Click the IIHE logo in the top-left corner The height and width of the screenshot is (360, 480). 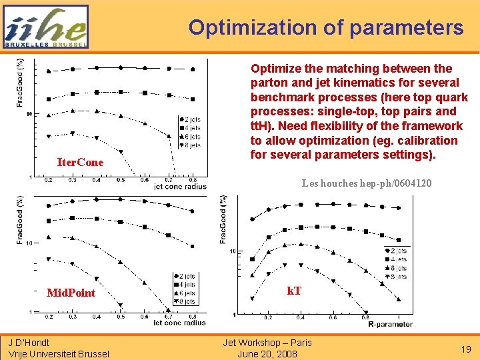tap(45, 27)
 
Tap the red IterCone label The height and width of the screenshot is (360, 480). tap(80, 163)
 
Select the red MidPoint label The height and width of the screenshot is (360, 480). tap(71, 293)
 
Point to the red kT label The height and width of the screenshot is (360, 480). tap(294, 291)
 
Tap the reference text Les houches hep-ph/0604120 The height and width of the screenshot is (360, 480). tap(366, 183)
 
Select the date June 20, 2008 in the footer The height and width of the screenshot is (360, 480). tap(267, 354)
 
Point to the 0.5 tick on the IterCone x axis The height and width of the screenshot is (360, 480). tap(120, 180)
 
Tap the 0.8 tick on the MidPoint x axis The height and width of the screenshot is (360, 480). tap(192, 317)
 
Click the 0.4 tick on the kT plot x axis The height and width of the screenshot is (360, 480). tap(301, 318)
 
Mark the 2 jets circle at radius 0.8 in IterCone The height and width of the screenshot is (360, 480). tap(193, 69)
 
